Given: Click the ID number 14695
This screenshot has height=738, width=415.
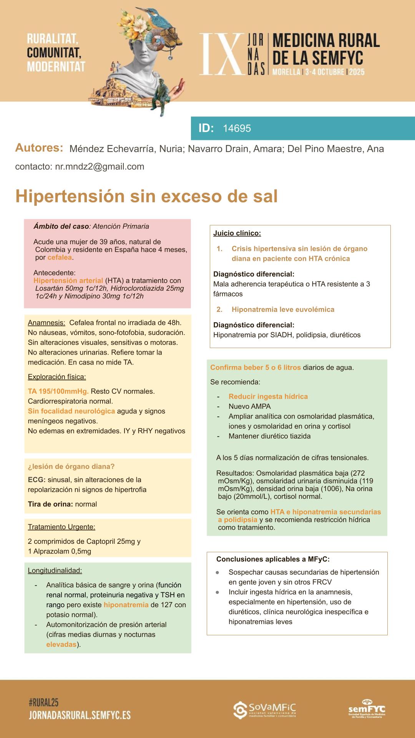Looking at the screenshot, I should tap(237, 128).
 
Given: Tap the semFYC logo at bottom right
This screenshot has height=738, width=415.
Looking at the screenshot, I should tap(367, 709).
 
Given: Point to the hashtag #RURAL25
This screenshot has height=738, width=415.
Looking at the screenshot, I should tap(43, 703).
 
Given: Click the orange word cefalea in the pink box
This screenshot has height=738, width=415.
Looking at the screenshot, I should tap(60, 257).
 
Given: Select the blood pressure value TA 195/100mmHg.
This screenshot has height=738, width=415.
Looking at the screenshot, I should tap(58, 391).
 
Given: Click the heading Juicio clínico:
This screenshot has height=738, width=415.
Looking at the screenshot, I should tap(237, 233).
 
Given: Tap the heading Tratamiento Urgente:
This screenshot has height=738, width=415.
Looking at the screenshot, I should tap(61, 527).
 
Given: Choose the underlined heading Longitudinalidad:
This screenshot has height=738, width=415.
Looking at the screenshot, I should tap(55, 570).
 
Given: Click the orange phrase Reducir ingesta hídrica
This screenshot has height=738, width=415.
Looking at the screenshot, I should tap(268, 396).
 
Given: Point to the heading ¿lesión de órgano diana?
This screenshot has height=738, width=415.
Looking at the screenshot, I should tap(71, 466).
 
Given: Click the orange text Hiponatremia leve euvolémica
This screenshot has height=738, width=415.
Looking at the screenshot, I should tap(283, 309).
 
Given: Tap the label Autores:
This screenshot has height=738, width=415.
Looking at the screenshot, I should tap(39, 148).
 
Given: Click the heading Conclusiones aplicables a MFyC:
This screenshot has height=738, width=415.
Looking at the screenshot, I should tap(273, 559).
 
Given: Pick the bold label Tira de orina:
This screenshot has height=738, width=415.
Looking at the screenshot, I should tap(50, 504).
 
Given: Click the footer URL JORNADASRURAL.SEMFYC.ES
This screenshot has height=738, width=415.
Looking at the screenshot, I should tap(80, 715).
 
